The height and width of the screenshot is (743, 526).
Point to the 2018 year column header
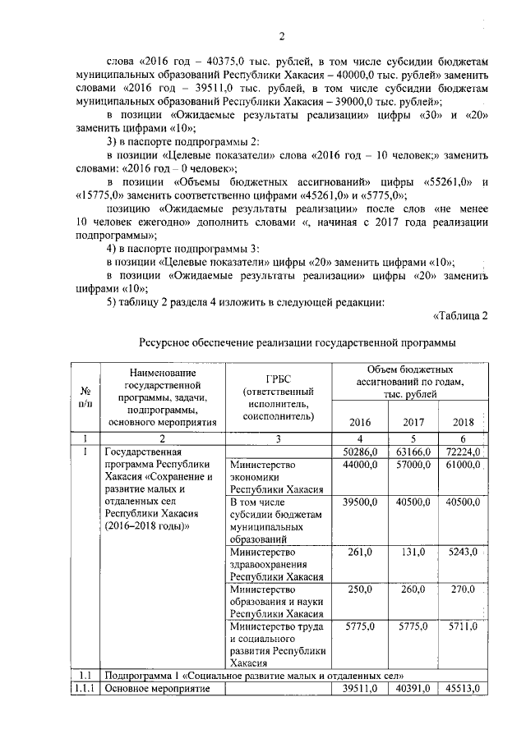pyautogui.click(x=464, y=423)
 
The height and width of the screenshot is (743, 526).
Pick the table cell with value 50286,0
pyautogui.click(x=360, y=452)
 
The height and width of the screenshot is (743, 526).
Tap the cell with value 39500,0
pyautogui.click(x=360, y=502)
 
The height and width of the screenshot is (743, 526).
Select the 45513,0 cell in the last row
pyautogui.click(x=464, y=689)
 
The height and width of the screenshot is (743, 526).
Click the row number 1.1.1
pyautogui.click(x=84, y=689)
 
